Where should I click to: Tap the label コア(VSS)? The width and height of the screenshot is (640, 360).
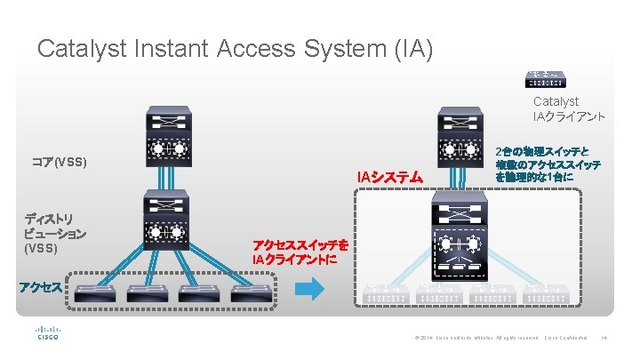tap(59, 163)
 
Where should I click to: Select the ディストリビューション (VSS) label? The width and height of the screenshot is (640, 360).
tap(54, 232)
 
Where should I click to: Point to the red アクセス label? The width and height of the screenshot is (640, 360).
tap(42, 286)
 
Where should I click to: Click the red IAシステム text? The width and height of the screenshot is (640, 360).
tap(389, 177)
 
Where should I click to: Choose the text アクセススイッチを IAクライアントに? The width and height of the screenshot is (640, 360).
tap(300, 252)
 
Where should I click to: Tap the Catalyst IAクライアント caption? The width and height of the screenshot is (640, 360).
tap(568, 108)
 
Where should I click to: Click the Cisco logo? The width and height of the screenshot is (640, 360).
tap(47, 332)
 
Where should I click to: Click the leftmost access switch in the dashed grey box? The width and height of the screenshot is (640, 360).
tap(93, 294)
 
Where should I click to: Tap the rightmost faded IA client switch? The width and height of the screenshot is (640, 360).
tap(545, 294)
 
